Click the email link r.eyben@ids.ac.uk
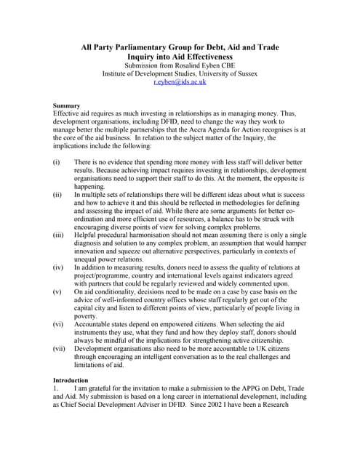[180, 82]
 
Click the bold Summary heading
[68, 105]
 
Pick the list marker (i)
[57, 161]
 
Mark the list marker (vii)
[60, 348]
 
